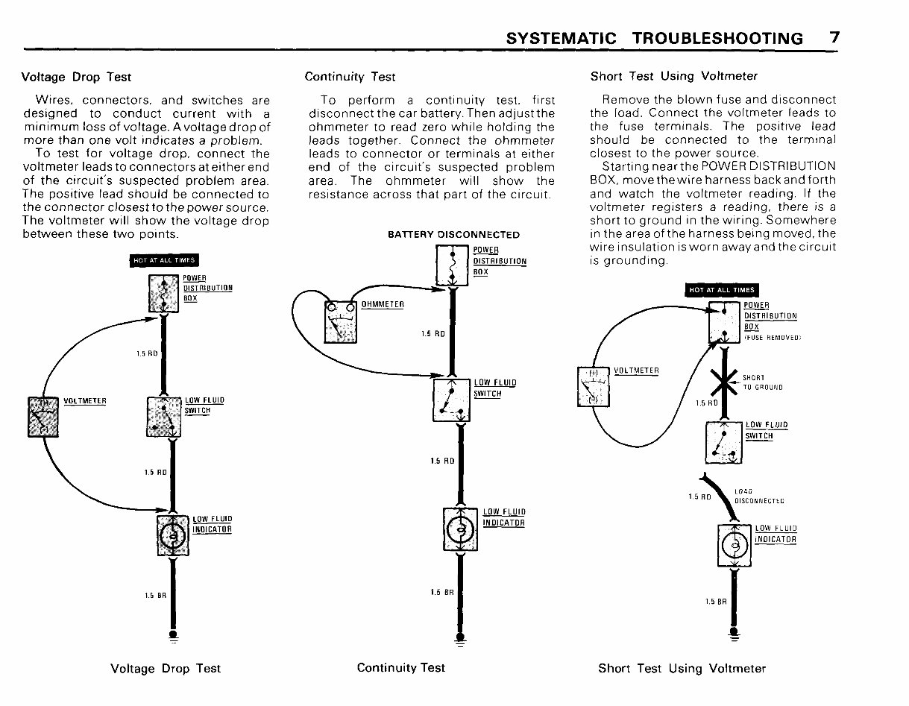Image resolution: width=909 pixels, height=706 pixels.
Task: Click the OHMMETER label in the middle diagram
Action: pos(382,304)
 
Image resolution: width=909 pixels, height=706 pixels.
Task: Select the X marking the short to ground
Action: pos(723,383)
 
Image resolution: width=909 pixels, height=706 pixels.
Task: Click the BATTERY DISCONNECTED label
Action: pos(453,235)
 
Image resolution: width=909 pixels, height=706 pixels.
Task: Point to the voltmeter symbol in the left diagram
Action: pos(43,417)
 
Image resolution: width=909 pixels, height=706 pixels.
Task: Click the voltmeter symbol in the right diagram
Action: pos(594,386)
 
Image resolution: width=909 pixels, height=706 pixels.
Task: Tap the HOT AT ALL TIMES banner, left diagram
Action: pos(165,260)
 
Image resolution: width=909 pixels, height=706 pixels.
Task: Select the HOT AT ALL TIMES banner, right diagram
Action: pos(721,290)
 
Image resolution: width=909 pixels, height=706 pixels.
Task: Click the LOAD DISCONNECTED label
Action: pos(758,497)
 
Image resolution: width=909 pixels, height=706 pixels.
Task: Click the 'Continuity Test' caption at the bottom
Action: pos(400,668)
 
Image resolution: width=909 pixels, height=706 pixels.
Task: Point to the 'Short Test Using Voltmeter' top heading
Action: pos(673,76)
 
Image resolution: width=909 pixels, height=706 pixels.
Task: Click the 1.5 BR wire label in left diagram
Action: pos(154,595)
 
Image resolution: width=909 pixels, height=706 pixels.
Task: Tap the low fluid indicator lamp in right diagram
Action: pos(735,546)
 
